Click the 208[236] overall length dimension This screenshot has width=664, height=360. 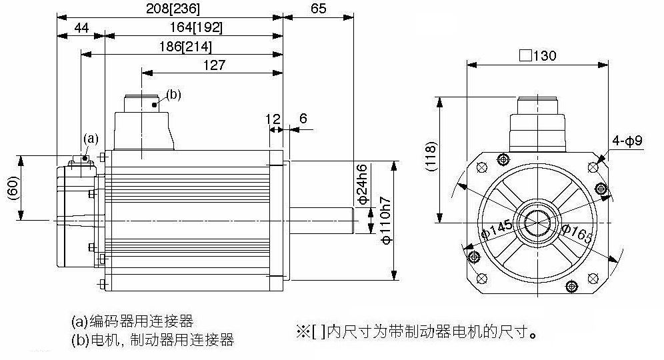click(x=172, y=8)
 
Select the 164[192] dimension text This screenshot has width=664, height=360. click(x=195, y=27)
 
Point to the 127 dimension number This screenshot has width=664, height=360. click(x=213, y=65)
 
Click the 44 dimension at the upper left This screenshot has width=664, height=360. click(x=81, y=27)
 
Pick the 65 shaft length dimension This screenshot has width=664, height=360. click(x=318, y=8)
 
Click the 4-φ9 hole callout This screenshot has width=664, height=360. click(x=627, y=141)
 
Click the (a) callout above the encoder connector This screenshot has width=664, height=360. click(x=91, y=139)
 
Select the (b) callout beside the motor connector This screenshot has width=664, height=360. click(x=172, y=95)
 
